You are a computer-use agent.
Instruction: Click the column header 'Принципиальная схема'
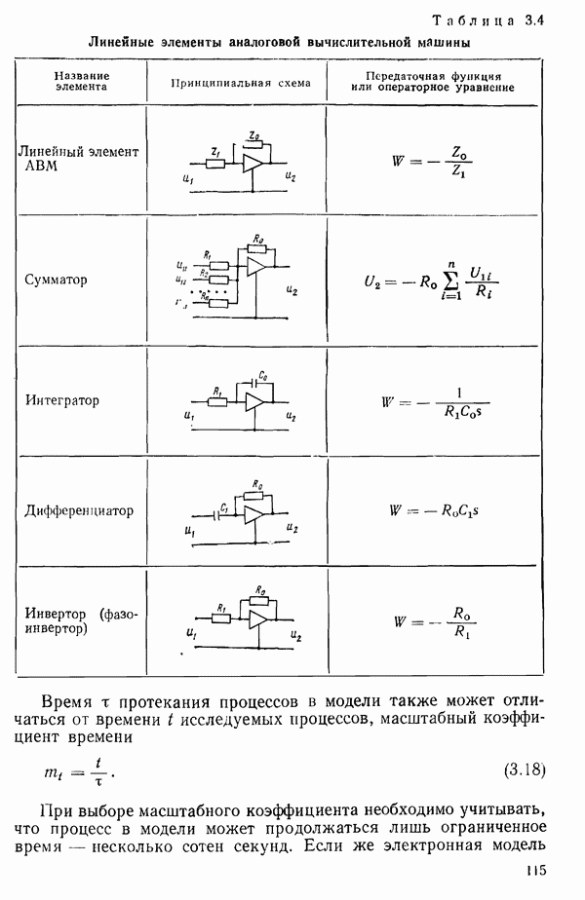pyautogui.click(x=240, y=83)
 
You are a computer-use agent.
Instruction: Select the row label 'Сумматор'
pyautogui.click(x=57, y=280)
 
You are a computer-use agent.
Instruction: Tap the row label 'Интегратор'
pyautogui.click(x=62, y=400)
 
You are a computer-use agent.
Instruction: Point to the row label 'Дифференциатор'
pyautogui.click(x=77, y=510)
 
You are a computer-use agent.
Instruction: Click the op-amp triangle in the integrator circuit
pyautogui.click(x=255, y=401)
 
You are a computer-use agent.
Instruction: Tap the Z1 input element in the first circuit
pyautogui.click(x=215, y=161)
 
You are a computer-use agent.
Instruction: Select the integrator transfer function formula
pyautogui.click(x=437, y=400)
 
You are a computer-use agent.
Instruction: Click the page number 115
pyautogui.click(x=533, y=873)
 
